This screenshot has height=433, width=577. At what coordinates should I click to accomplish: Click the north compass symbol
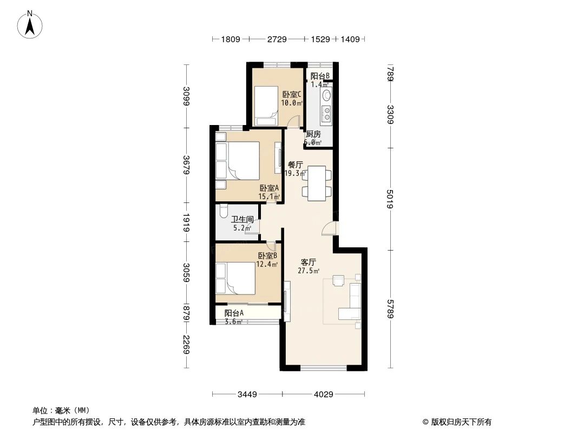coord(30,24)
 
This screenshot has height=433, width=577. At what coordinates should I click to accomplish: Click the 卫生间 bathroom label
coord(242,220)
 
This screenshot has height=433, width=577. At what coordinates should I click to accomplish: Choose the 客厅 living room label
coord(308,262)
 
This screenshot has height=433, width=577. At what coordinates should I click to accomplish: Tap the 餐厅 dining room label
coord(295,165)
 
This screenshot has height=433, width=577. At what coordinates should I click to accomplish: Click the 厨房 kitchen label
coord(313,134)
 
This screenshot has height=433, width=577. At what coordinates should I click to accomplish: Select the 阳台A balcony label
coord(234,313)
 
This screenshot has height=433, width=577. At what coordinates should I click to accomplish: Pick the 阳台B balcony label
coord(319,76)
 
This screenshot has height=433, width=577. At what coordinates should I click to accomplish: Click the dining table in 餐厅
coord(317,183)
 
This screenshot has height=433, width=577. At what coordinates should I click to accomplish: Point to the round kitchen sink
coord(327,96)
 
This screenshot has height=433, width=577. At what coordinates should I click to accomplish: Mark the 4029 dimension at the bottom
coord(323,394)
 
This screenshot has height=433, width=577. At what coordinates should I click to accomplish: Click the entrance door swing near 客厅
coord(329,230)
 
